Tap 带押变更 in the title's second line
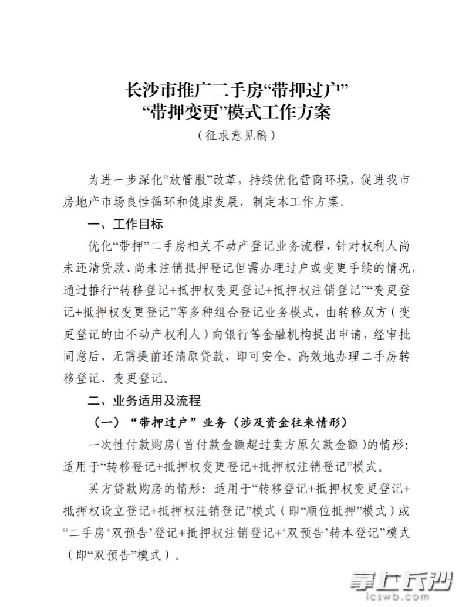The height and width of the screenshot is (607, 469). pyautogui.click(x=173, y=111)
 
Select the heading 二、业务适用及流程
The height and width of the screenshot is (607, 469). pyautogui.click(x=144, y=401)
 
